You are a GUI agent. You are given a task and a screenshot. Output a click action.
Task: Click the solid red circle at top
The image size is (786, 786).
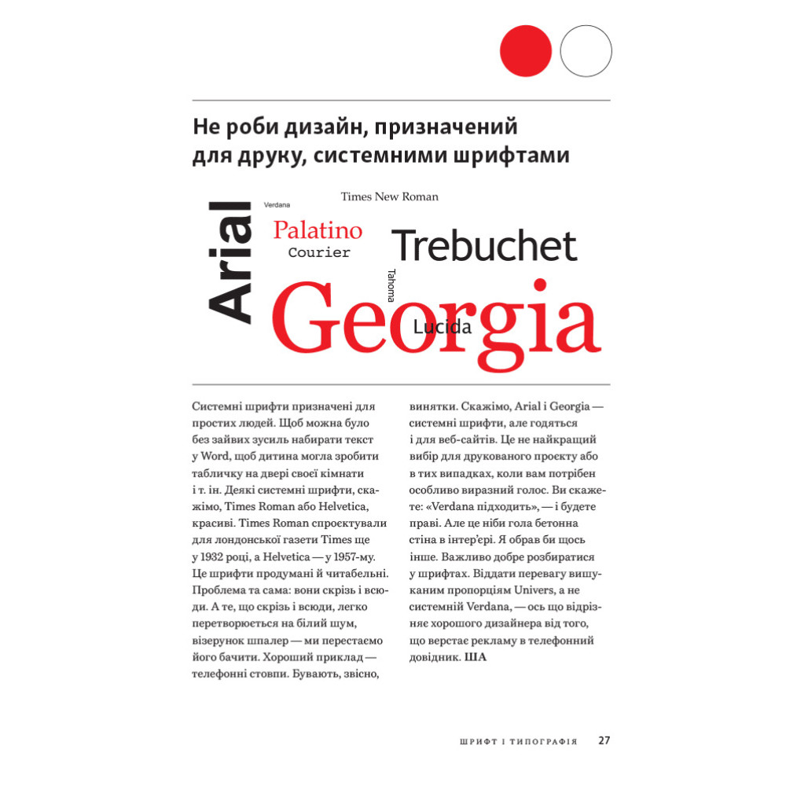click(x=526, y=50)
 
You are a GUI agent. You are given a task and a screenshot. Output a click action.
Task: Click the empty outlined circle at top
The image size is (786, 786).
click(x=586, y=50)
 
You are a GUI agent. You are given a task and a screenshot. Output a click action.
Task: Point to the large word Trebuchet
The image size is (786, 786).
click(x=484, y=246)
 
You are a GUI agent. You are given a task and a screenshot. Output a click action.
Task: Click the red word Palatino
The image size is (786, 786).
click(x=318, y=230)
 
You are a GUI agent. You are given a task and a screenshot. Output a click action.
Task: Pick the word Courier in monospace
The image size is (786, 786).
click(x=318, y=253)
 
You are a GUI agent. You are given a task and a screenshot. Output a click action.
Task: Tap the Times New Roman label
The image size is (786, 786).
click(x=389, y=196)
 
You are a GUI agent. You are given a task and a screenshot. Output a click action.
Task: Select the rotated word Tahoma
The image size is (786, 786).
click(x=391, y=285)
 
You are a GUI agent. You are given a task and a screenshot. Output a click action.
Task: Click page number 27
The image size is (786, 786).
click(x=604, y=740)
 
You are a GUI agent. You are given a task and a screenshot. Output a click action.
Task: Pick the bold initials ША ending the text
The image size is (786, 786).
click(x=476, y=656)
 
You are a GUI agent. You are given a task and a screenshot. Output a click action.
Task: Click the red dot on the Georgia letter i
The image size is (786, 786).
click(x=540, y=285)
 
